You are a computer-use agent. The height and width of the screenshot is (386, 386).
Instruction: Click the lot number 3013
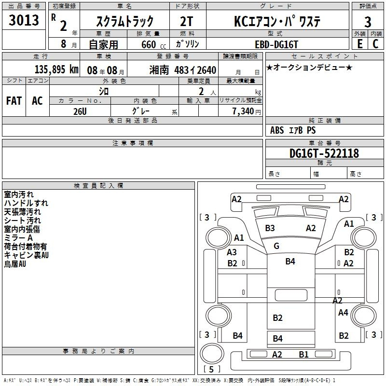click(x=24, y=20)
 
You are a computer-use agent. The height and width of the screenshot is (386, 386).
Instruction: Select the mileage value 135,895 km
click(x=56, y=69)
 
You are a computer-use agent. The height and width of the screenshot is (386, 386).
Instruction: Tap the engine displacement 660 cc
click(x=153, y=44)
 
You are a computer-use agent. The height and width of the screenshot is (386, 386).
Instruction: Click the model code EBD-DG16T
click(x=276, y=44)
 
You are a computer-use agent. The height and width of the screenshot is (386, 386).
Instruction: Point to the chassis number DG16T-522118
click(x=324, y=153)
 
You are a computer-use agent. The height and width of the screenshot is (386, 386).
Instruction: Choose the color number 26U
click(x=80, y=111)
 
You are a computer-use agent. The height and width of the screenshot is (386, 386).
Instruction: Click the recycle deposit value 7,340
click(x=243, y=111)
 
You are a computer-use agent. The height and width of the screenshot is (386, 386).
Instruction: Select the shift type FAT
click(x=14, y=101)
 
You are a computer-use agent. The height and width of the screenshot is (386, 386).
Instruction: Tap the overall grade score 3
click(x=368, y=22)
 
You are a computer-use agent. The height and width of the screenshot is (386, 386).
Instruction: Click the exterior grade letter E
click(x=359, y=44)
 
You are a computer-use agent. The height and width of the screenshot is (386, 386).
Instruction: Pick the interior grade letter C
click(x=375, y=44)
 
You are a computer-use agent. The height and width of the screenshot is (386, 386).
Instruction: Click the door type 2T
click(x=186, y=21)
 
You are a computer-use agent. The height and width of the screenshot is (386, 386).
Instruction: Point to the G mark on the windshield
click(x=276, y=246)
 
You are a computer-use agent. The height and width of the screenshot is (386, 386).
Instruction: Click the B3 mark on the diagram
click(x=270, y=228)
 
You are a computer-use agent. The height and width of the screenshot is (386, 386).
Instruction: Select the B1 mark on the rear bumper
click(x=303, y=354)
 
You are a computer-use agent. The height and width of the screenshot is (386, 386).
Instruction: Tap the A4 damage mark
click(x=343, y=312)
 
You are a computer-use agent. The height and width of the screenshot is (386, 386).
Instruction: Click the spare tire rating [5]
click(x=211, y=369)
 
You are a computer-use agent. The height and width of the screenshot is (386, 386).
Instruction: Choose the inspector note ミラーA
click(x=18, y=238)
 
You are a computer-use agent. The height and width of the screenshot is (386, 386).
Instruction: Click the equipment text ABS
click(x=277, y=130)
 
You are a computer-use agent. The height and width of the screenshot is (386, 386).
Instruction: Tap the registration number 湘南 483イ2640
click(x=183, y=70)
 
